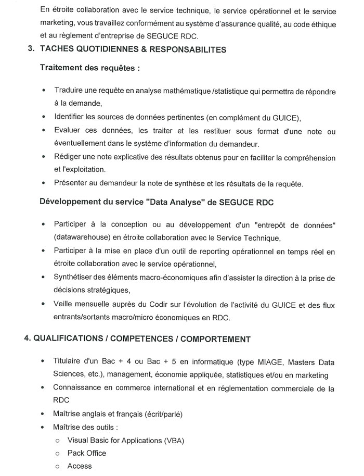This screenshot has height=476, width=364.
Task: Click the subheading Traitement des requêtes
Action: coord(89,68)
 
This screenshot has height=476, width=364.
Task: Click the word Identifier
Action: coord(70,116)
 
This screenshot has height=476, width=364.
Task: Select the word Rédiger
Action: coord(68,157)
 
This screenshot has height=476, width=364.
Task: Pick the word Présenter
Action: coord(71,183)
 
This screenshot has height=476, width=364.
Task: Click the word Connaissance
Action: coord(77,388)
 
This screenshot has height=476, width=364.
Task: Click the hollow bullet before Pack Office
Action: coord(57,454)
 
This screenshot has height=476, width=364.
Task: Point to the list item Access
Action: coord(80,466)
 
